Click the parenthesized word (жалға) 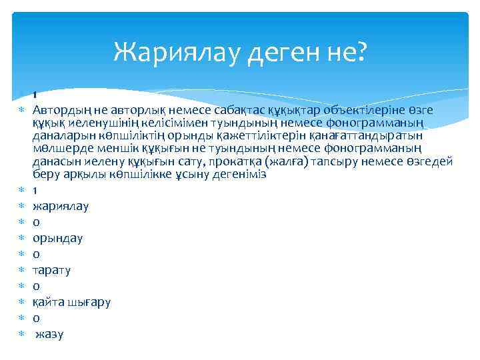pos(283,161)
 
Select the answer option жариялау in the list pos(61,207)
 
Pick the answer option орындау pos(58,238)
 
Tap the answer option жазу pos(49,334)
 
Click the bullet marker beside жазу pos(21,333)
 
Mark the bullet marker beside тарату pos(21,269)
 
